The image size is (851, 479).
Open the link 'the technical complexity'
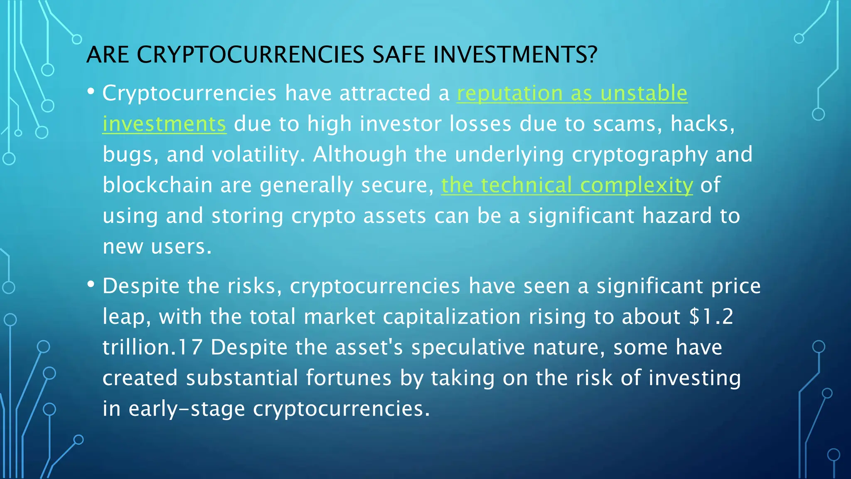[567, 185]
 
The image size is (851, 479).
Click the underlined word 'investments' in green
[165, 124]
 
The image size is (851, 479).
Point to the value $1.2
[711, 317]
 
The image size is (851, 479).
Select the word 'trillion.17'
[152, 347]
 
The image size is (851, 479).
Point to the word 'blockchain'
[158, 185]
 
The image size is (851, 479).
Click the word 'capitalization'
[452, 317]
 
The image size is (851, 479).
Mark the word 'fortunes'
[349, 378]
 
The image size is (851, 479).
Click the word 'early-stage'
[187, 409]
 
